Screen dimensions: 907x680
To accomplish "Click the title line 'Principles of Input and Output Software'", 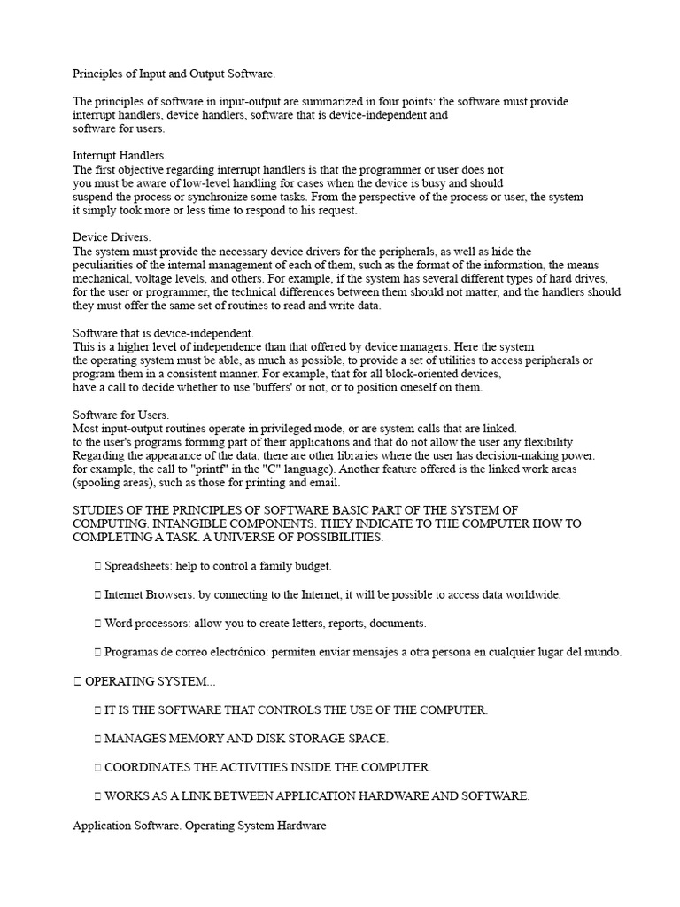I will tap(180, 74).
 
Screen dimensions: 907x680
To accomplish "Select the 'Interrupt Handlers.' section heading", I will tap(120, 156).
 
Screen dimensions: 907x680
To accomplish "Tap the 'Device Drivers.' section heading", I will tap(112, 237).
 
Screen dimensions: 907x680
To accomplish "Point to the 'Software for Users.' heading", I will tap(120, 415).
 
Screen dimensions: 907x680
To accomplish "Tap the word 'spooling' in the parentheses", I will tap(98, 483).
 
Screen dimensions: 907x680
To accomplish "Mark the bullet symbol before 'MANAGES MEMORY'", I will tap(97, 739).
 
